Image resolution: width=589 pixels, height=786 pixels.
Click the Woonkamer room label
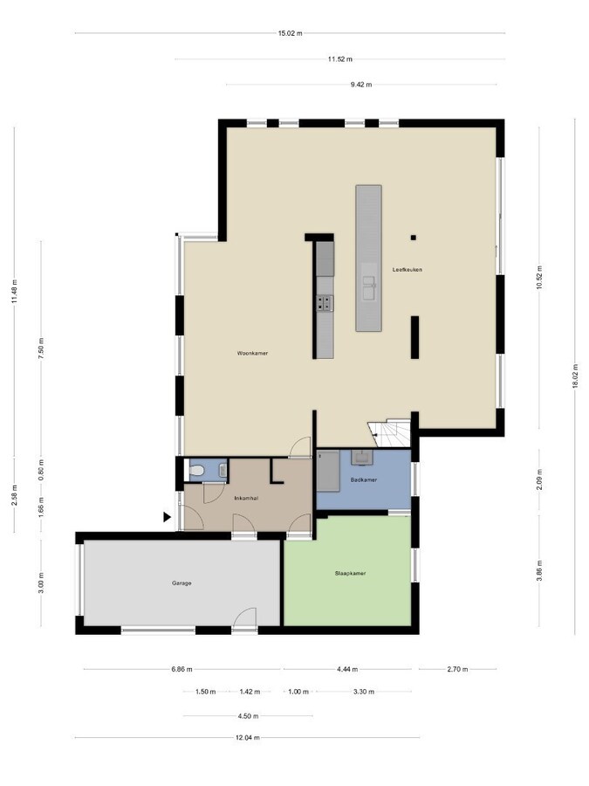pos(251,354)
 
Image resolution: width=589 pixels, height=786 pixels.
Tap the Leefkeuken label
pos(408,269)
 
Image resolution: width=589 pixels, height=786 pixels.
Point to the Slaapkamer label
pos(350,574)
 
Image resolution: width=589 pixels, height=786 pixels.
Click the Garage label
pos(181,583)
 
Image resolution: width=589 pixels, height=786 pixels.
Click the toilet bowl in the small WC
pos(197,472)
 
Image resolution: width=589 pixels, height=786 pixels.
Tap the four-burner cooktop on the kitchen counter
pos(325,303)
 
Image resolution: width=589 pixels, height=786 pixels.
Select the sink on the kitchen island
pos(369,283)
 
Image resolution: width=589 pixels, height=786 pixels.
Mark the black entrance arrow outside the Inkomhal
pos(167,517)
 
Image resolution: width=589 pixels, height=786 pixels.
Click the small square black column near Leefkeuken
pos(414,237)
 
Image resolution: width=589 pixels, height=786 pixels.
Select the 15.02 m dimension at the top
pos(290,34)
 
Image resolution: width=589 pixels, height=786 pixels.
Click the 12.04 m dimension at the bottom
pos(247,737)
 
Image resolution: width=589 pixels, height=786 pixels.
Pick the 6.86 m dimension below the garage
pos(182,669)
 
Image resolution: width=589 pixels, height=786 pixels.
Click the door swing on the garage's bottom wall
pos(245,617)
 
